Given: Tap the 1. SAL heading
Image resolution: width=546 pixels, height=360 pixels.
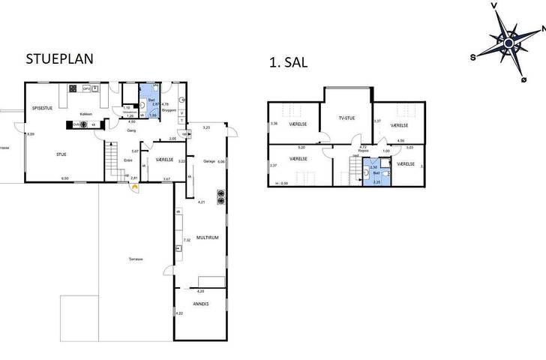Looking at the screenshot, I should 289,64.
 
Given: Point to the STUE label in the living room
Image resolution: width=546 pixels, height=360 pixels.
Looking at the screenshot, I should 61,154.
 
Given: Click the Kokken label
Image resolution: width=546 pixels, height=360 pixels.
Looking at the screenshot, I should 85,114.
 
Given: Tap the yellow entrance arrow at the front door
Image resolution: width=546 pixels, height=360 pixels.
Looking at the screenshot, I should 133,187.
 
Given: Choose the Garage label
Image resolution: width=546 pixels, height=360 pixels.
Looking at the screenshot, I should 210,160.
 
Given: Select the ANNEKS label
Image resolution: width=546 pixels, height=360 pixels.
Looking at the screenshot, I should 200,304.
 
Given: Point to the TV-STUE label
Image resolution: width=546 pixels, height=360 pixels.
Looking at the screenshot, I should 346,118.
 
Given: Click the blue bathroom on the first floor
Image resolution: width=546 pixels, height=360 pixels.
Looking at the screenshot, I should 375,175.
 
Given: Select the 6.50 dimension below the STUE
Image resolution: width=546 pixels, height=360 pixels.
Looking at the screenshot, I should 64,178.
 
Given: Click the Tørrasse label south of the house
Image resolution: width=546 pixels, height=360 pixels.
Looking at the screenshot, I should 135,259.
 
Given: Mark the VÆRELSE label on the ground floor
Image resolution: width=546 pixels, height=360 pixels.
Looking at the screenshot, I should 164,160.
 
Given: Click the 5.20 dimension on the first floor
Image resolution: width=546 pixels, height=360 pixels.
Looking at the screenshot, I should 301,147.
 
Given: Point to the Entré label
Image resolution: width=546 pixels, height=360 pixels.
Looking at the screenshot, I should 128,160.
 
